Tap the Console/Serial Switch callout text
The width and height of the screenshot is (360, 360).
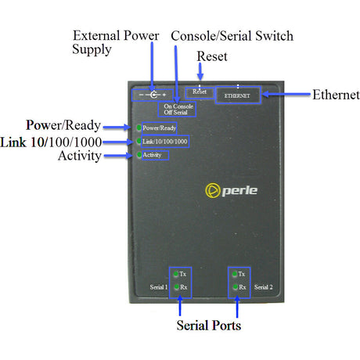point(232,36)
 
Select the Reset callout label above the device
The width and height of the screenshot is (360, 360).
point(212,56)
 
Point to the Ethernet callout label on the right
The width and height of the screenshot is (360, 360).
point(336,95)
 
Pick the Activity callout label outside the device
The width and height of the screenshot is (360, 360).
point(79,156)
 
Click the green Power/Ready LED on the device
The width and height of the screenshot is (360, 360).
point(139,127)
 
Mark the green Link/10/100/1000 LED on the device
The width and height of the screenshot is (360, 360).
point(139,141)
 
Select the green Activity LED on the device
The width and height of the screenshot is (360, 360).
point(139,155)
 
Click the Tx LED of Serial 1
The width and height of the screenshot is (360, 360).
point(175,274)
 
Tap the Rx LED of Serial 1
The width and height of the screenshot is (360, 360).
point(175,288)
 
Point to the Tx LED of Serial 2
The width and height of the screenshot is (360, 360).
point(233,274)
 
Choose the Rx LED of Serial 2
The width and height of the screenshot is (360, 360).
point(233,288)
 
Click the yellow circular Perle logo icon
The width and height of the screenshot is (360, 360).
point(211,190)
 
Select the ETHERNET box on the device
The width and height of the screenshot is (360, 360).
point(237,95)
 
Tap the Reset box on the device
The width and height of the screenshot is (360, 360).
point(200,92)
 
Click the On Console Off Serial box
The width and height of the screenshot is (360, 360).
point(178,109)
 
